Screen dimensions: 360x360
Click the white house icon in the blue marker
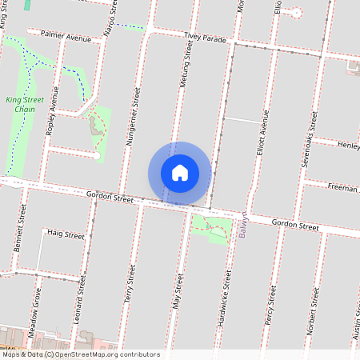tap(180, 172)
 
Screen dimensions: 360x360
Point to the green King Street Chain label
tap(25, 104)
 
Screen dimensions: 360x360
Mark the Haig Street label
tap(65, 235)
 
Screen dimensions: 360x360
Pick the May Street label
tap(178, 293)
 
